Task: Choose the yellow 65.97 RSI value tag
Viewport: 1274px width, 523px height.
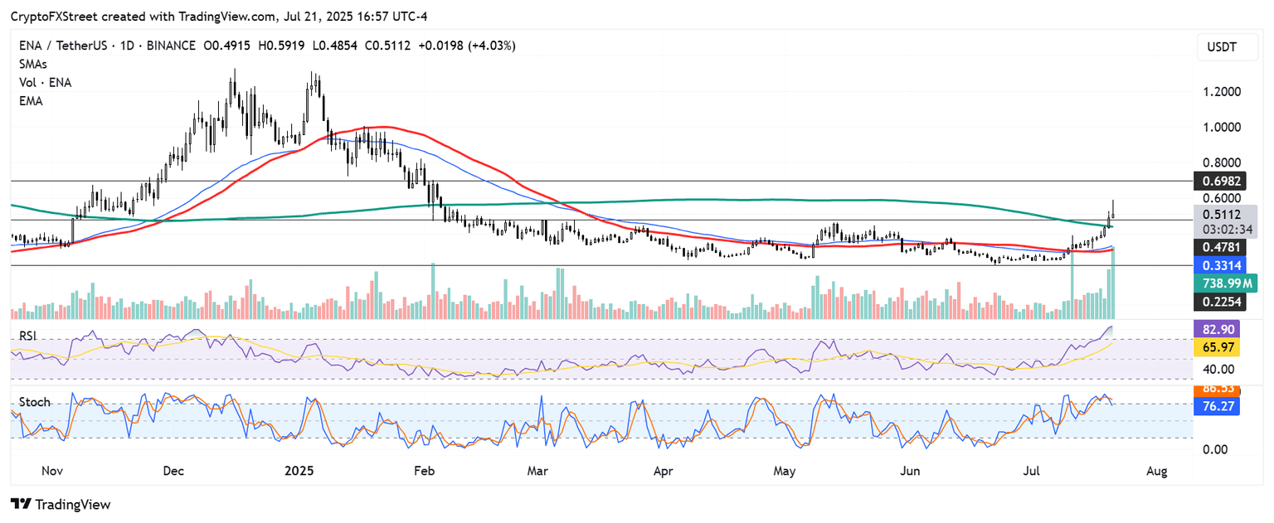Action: click(x=1216, y=349)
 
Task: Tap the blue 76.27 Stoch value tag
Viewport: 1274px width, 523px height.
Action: click(x=1216, y=406)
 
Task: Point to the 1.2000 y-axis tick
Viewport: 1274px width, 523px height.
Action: click(x=1223, y=91)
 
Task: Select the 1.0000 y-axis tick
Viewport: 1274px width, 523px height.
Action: click(x=1223, y=127)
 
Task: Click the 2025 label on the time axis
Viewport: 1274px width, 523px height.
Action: click(x=299, y=472)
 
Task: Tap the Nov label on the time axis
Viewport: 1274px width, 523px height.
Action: click(x=52, y=472)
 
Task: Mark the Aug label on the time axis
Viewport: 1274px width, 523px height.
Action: click(x=1157, y=472)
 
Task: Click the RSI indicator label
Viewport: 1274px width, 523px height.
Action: click(x=29, y=335)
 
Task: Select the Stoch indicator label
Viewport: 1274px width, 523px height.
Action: click(x=35, y=402)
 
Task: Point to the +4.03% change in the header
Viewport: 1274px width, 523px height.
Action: click(x=491, y=46)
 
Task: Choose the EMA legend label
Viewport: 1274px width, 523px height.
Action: click(x=31, y=100)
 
